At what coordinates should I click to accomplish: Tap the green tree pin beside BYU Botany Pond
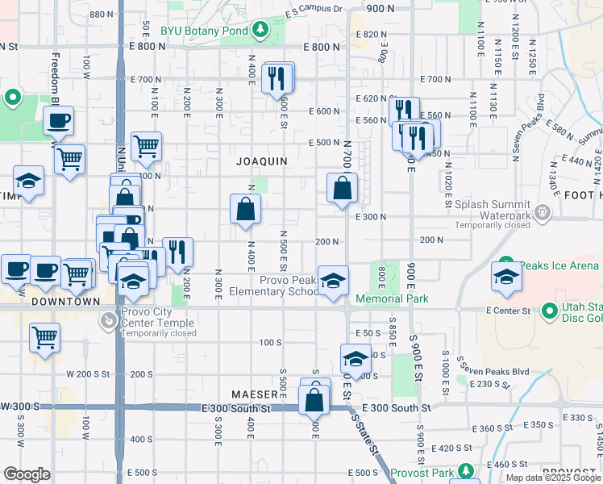[x=260, y=31]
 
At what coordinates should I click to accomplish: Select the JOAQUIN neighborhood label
[x=262, y=161]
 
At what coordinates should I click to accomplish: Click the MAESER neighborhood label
[x=256, y=394]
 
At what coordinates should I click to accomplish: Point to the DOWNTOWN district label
[x=66, y=302]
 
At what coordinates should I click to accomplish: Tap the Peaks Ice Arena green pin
[x=505, y=265]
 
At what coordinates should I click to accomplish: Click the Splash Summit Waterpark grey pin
[x=542, y=213]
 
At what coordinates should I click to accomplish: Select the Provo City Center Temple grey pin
[x=107, y=321]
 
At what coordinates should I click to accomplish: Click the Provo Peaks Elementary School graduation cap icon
[x=333, y=281]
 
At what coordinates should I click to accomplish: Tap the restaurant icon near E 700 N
[x=277, y=77]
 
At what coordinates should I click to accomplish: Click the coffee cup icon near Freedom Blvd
[x=58, y=121]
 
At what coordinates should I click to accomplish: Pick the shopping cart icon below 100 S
[x=45, y=336]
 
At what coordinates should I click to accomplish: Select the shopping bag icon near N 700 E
[x=343, y=188]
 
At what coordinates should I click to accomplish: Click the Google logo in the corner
[x=27, y=474]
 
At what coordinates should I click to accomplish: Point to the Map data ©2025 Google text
[x=553, y=478]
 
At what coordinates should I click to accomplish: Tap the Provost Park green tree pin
[x=465, y=471]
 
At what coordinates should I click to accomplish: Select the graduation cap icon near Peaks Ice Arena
[x=506, y=277]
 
